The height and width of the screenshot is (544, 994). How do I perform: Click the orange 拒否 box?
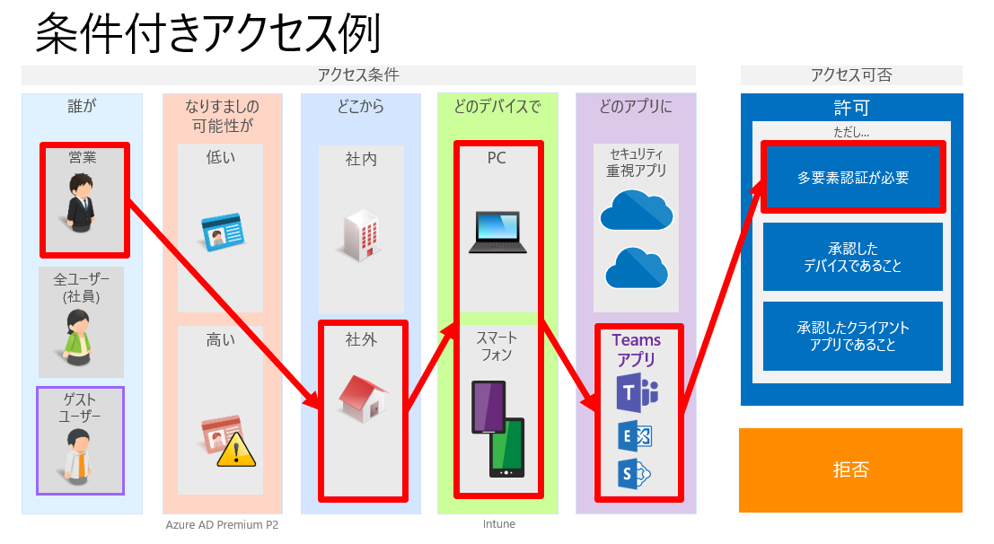point(849,469)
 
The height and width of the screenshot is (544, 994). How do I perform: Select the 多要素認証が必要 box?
point(852,178)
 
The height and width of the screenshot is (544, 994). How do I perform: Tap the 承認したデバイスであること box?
point(852,257)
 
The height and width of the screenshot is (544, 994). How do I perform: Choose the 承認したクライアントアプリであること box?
point(852,336)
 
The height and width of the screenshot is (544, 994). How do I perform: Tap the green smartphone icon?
point(506,447)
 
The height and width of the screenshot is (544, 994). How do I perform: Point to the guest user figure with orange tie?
point(82,454)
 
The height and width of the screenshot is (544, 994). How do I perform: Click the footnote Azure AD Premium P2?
point(222,524)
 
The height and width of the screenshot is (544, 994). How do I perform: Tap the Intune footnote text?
point(498,524)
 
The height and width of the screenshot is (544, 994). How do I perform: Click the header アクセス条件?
point(358,75)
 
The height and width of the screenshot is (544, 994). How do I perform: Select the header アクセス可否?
point(850,75)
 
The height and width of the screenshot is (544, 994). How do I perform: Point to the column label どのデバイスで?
point(497,107)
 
